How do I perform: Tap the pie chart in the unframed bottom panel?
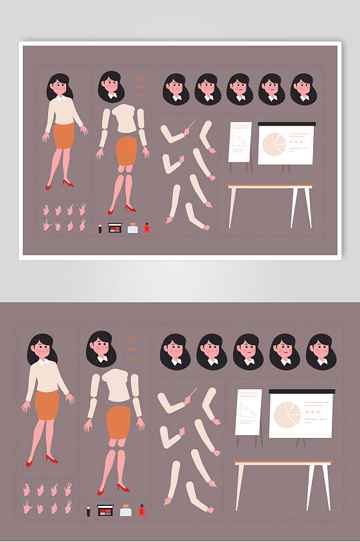(287, 415)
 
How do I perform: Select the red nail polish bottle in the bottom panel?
(141, 511)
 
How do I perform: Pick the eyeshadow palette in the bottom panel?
(105, 511)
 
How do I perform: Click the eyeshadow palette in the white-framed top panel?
(114, 228)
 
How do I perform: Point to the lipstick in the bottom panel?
(88, 511)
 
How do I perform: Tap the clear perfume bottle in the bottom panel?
(125, 511)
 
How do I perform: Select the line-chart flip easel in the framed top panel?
(240, 142)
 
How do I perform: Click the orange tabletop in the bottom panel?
(283, 462)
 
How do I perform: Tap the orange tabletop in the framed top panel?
(270, 186)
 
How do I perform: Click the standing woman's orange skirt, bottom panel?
(46, 405)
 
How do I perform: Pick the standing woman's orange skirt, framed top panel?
(63, 135)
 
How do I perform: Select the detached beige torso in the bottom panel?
(118, 385)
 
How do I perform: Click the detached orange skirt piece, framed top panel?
(126, 151)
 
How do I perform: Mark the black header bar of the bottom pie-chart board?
(302, 391)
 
